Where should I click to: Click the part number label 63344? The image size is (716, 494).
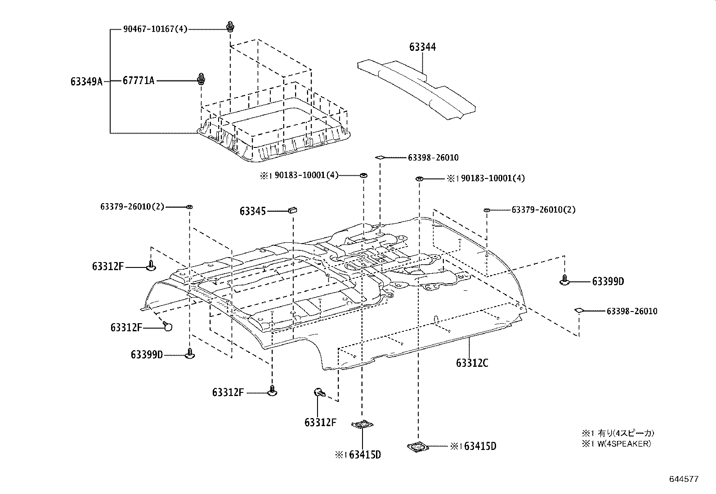[x=422, y=47]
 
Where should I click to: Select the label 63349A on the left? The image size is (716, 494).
[x=86, y=81]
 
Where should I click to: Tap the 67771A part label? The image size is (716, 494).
[x=138, y=81]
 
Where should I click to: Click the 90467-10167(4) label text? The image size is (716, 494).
[x=155, y=30]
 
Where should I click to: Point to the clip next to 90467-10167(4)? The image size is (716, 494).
[x=231, y=27]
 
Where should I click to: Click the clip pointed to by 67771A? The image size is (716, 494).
[x=201, y=79]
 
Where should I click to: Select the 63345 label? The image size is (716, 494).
[x=253, y=211]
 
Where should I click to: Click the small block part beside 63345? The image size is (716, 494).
[x=293, y=209]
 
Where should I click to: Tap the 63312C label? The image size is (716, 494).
[x=472, y=363]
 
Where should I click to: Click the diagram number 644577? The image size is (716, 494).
[x=683, y=479]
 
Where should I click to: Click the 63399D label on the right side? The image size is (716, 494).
[x=608, y=282]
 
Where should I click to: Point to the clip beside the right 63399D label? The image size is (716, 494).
[x=565, y=281]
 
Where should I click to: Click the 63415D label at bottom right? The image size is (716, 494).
[x=480, y=446]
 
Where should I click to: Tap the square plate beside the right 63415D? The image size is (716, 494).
[x=417, y=446]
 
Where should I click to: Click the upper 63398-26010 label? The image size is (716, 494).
[x=433, y=158]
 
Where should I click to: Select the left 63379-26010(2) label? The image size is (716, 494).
[x=132, y=207]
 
